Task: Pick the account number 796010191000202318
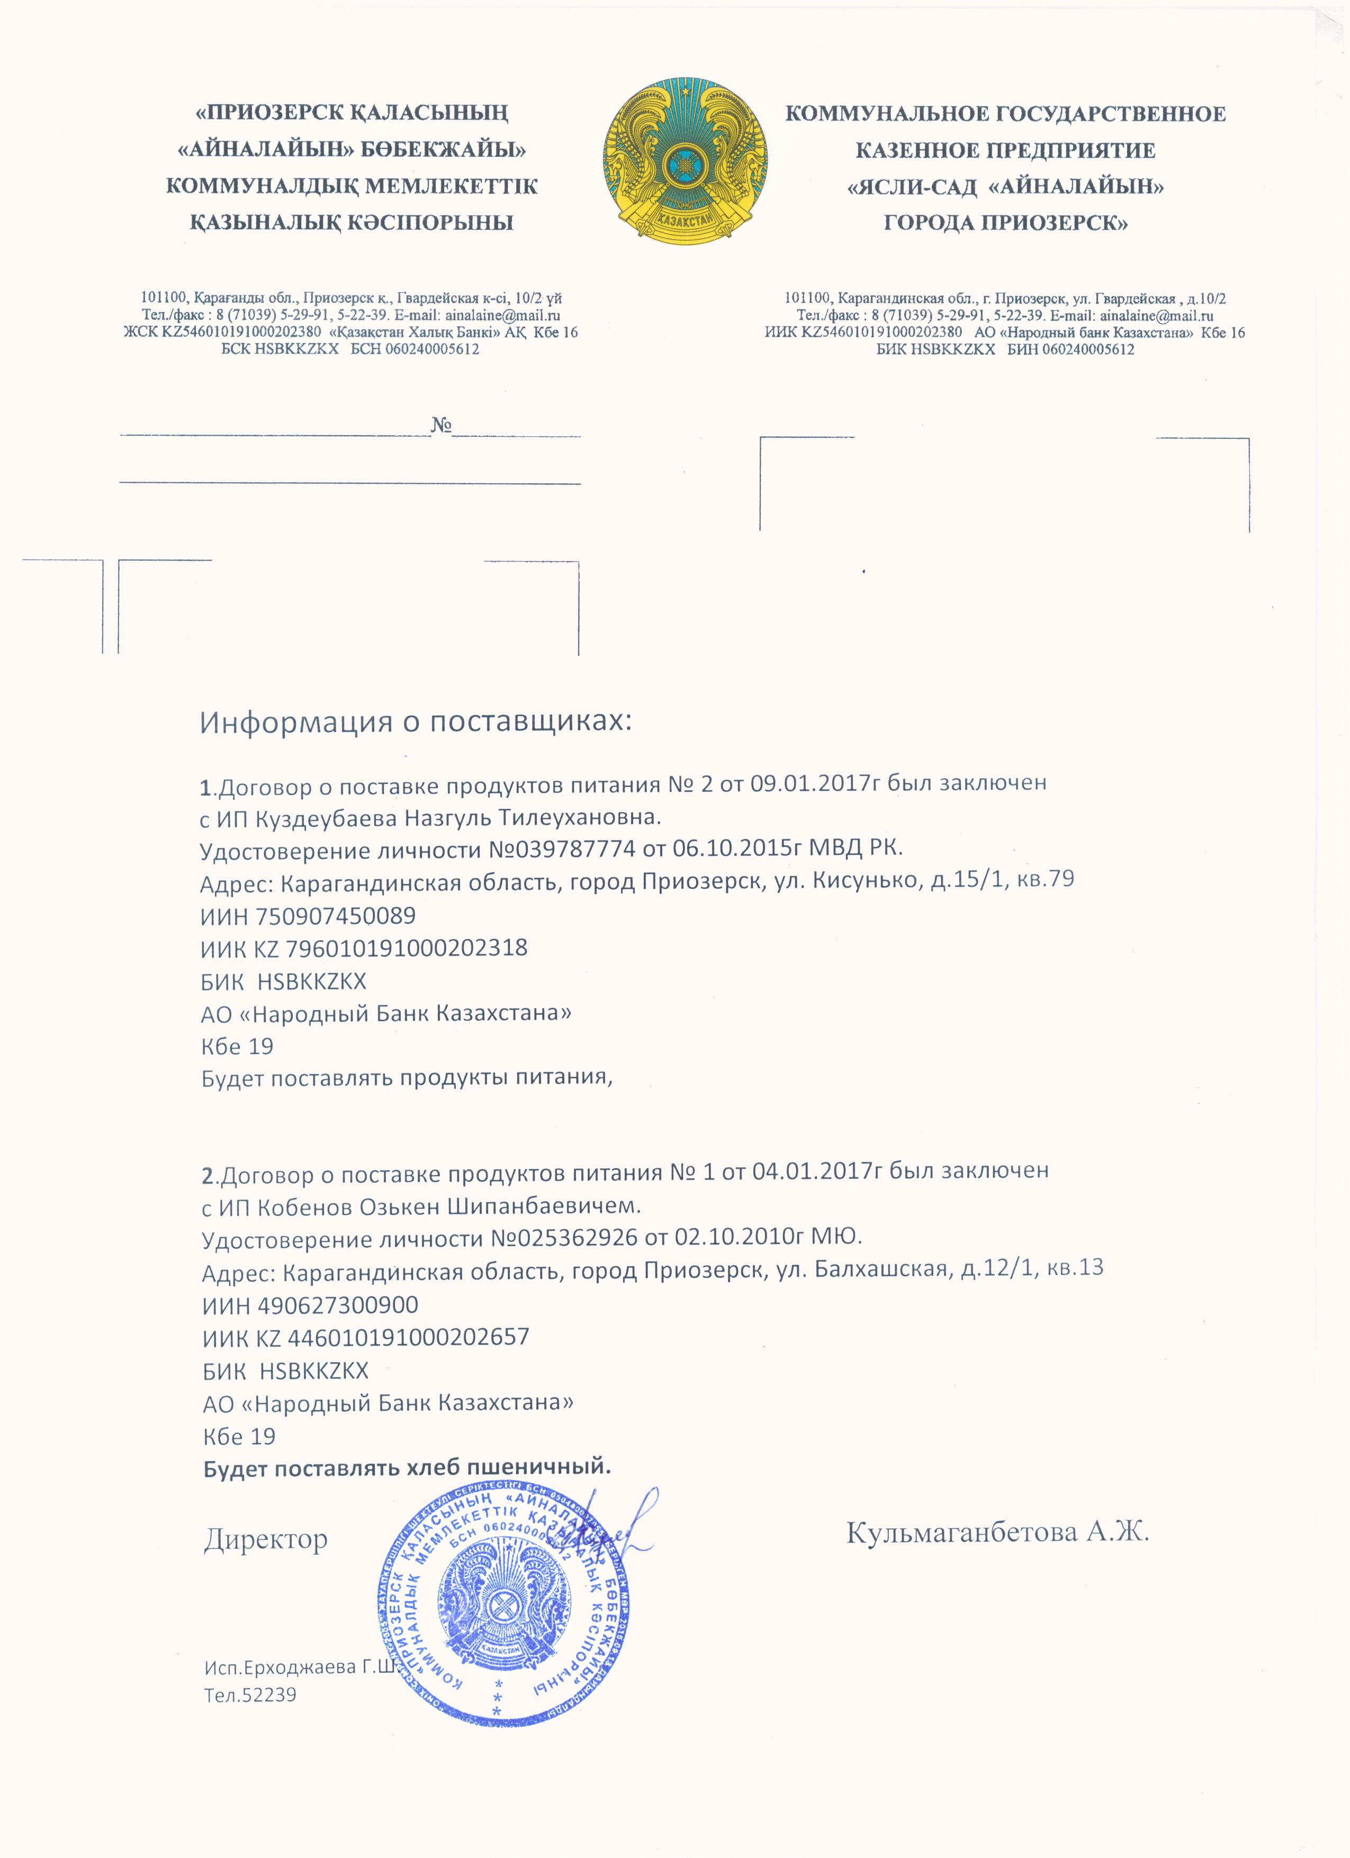406,948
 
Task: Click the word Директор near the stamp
265,1540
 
